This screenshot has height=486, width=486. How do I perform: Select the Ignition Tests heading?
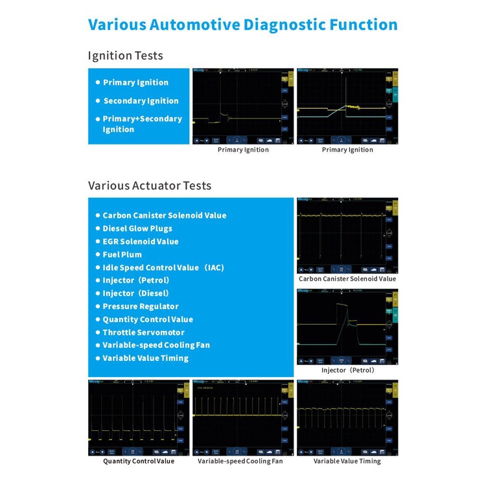[x=126, y=56]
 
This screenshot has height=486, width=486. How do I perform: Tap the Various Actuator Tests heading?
[x=150, y=185]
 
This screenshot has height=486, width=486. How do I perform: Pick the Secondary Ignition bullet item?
[x=141, y=100]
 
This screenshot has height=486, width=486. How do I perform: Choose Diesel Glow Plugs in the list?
[x=137, y=228]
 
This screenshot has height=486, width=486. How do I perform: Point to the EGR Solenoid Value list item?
[x=140, y=241]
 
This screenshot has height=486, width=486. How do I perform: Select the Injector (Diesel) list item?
[x=136, y=293]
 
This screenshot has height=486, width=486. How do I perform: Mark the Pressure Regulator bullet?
[x=141, y=306]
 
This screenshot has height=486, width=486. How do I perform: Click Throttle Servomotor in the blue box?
[x=143, y=332]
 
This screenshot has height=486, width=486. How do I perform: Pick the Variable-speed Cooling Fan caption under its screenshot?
[x=240, y=461]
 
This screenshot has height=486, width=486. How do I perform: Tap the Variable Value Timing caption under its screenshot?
[x=347, y=461]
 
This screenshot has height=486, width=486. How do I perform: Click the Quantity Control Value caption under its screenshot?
[x=139, y=461]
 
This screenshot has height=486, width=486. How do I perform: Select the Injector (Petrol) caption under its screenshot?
[x=348, y=370]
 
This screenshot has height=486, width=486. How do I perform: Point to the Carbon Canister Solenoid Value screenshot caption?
[x=347, y=279]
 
